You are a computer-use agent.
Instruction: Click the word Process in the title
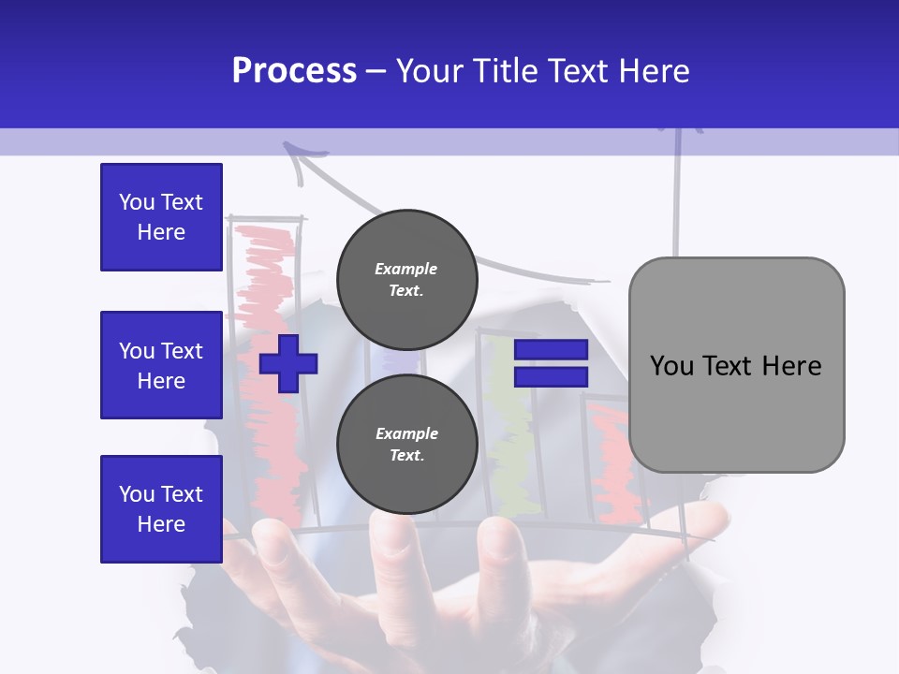(x=294, y=71)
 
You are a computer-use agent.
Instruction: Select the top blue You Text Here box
(x=161, y=217)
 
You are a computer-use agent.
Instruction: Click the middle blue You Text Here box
(x=161, y=365)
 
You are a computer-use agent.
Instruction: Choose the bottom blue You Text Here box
(x=161, y=509)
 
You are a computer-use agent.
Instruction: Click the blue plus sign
(x=288, y=363)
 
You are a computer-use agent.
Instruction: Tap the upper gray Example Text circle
(x=406, y=279)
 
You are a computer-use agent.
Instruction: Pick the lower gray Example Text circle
(x=406, y=444)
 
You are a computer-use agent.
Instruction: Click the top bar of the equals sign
(x=552, y=350)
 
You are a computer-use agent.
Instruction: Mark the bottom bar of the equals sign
(x=552, y=376)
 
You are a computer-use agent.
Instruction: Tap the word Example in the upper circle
(x=406, y=269)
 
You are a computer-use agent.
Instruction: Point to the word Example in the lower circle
(x=406, y=433)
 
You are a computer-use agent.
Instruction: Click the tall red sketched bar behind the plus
(x=272, y=281)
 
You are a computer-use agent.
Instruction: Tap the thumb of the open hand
(x=693, y=524)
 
